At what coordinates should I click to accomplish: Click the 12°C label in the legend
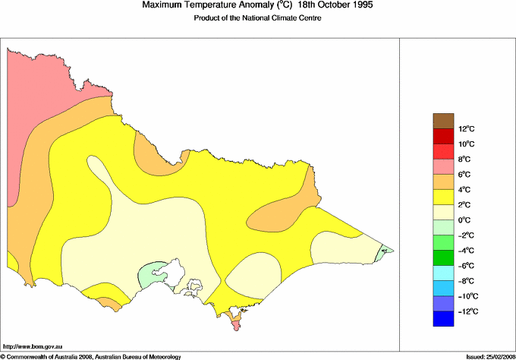(445, 129)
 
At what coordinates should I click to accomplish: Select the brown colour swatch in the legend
(443, 121)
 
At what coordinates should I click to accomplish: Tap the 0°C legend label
(445, 220)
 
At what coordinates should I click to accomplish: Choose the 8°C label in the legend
(445, 159)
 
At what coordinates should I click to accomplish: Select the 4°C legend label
(445, 190)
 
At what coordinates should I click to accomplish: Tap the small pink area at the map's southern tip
(236, 324)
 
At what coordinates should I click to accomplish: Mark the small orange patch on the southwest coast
(110, 304)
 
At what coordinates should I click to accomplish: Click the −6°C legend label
(445, 266)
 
